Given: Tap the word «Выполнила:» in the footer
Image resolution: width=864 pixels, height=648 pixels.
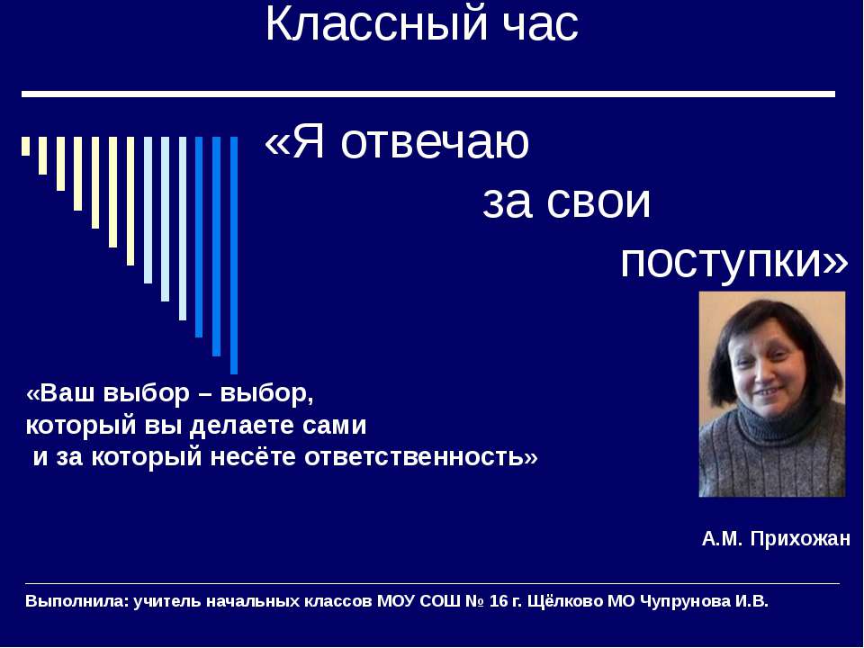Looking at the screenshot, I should pyautogui.click(x=76, y=601).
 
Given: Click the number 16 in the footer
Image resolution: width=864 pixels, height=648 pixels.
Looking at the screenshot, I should pyautogui.click(x=499, y=601).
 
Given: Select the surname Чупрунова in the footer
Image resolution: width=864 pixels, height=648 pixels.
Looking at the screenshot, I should pyautogui.click(x=685, y=601).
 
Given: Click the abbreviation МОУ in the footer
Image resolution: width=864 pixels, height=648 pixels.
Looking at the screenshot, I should pyautogui.click(x=395, y=601).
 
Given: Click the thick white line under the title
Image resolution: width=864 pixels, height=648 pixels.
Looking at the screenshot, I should pyautogui.click(x=427, y=94).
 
